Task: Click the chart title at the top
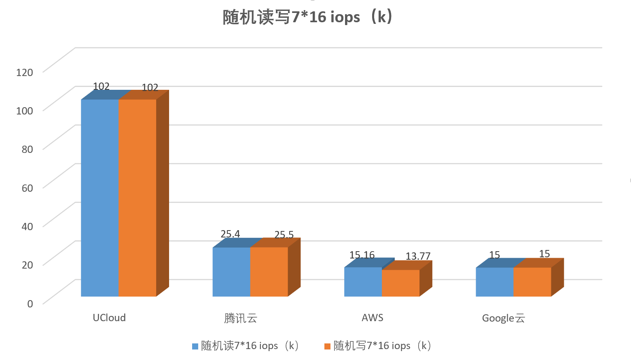[x=307, y=17]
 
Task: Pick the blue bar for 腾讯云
[x=231, y=271]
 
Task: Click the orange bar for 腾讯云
[x=269, y=271]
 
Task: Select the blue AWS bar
[x=363, y=282]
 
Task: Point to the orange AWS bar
[x=400, y=283]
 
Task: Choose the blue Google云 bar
[x=494, y=282]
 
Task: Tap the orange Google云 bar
[x=532, y=282]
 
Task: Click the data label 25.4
[x=230, y=234]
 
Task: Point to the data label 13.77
[x=418, y=256]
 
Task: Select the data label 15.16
[x=362, y=255]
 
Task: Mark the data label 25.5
[x=284, y=235]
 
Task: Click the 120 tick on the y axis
[x=25, y=72]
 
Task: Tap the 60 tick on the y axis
[x=27, y=188]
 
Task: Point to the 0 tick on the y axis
[x=30, y=303]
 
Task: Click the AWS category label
[x=372, y=318]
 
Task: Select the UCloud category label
[x=109, y=318]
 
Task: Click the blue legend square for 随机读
[x=195, y=346]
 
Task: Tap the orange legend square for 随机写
[x=327, y=346]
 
